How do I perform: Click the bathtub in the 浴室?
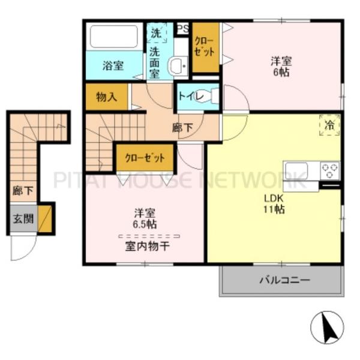click(114, 36)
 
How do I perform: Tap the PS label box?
click(183, 28)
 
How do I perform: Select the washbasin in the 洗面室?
click(178, 65)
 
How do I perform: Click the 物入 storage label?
click(107, 97)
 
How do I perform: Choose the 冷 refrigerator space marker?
click(329, 125)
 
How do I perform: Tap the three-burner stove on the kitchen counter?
click(330, 170)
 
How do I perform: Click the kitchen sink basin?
click(296, 170)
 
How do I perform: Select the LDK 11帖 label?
click(274, 203)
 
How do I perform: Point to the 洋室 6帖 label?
click(281, 67)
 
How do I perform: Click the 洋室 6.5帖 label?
click(145, 218)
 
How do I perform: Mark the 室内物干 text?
click(148, 247)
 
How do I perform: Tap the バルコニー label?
click(285, 280)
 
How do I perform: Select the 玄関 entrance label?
click(23, 218)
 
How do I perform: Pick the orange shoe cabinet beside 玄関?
click(45, 219)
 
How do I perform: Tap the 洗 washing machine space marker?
click(157, 33)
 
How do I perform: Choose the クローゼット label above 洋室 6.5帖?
click(145, 158)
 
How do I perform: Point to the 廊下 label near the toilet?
click(183, 128)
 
